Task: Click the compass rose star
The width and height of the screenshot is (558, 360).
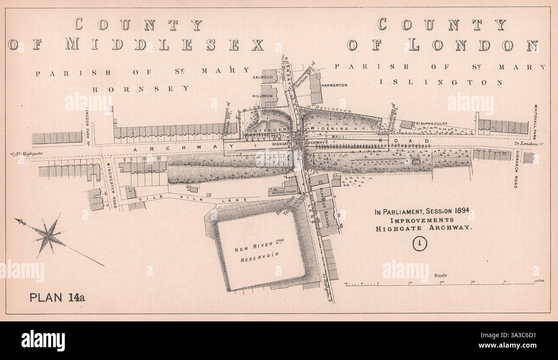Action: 49,235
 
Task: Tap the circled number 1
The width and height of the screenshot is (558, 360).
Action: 419,244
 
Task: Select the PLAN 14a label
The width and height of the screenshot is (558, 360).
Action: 57,297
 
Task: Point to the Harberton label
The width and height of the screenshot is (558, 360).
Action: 334,85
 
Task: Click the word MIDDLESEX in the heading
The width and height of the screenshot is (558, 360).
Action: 165,45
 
